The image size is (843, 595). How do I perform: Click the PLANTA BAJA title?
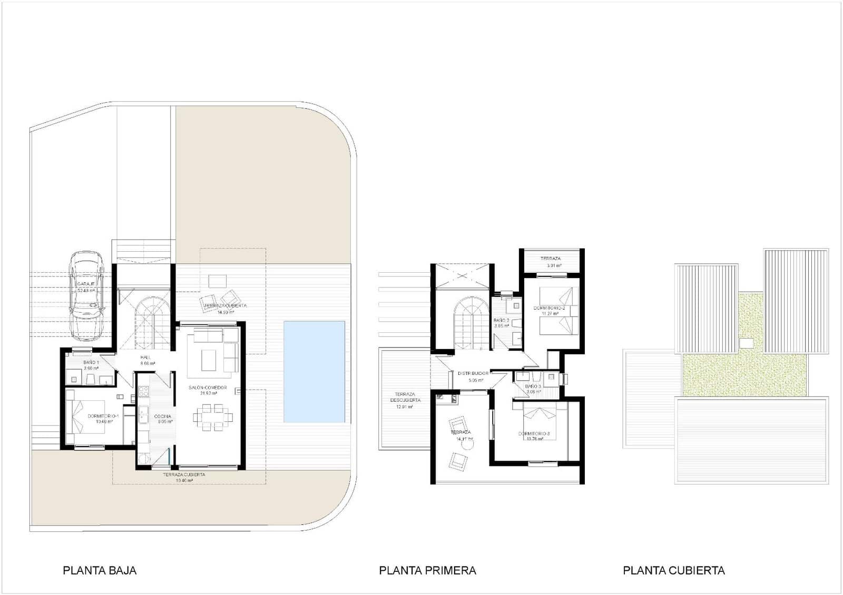tap(100, 570)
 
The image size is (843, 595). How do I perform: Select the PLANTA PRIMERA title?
tap(427, 570)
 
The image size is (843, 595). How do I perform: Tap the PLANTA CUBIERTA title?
tap(673, 570)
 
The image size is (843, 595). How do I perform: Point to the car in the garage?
tap(87, 295)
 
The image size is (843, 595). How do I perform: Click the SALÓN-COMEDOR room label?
tap(208, 388)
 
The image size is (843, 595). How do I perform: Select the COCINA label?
tap(162, 417)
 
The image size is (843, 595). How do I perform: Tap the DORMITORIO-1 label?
tap(103, 416)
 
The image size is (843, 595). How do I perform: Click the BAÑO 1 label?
tap(91, 363)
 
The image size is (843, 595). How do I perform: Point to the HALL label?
tap(145, 358)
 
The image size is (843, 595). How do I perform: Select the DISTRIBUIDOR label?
tap(473, 373)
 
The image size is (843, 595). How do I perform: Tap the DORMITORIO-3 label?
tap(534, 434)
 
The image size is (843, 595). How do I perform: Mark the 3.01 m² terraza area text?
tap(554, 266)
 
